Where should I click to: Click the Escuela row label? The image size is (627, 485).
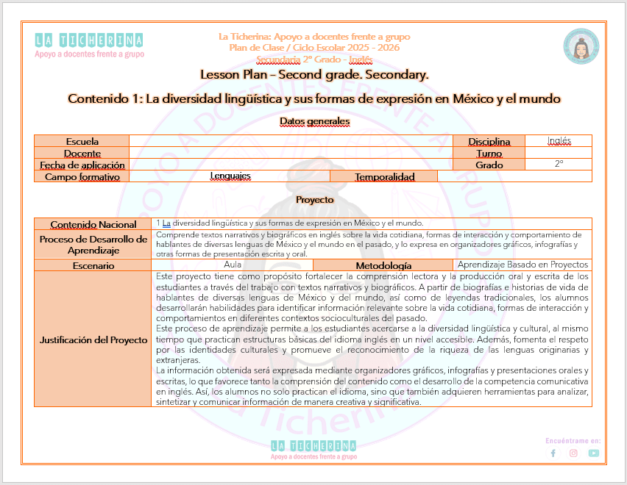pos(82,141)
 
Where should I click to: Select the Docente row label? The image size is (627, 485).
pos(82,153)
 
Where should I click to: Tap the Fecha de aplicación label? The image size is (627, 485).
pos(82,165)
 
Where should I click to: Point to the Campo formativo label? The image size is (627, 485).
pos(82,176)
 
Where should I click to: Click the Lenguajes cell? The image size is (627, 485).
pos(230,176)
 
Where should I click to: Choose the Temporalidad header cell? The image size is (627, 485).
pos(384,176)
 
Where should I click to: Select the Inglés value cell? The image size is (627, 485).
pos(559,141)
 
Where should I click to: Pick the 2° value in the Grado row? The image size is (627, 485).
pos(559,165)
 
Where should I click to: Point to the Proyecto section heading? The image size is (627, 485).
pos(314,199)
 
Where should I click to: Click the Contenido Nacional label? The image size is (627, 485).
pos(93,224)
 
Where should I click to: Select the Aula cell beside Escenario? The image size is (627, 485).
pos(233,265)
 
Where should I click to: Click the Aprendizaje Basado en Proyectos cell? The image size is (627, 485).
pos(522,265)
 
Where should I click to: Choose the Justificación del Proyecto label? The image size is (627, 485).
pos(93,339)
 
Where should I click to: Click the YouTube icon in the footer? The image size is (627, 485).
pos(593,453)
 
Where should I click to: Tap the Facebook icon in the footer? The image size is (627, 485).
pos(553,453)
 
